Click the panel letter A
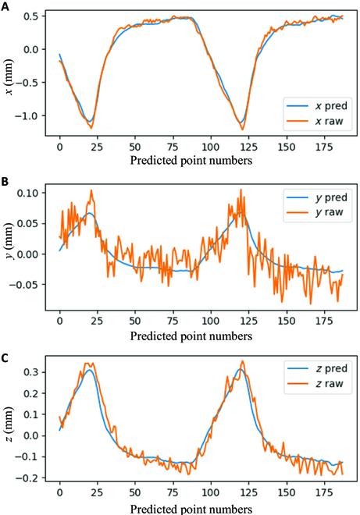tap(5, 6)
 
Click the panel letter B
tap(5, 181)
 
